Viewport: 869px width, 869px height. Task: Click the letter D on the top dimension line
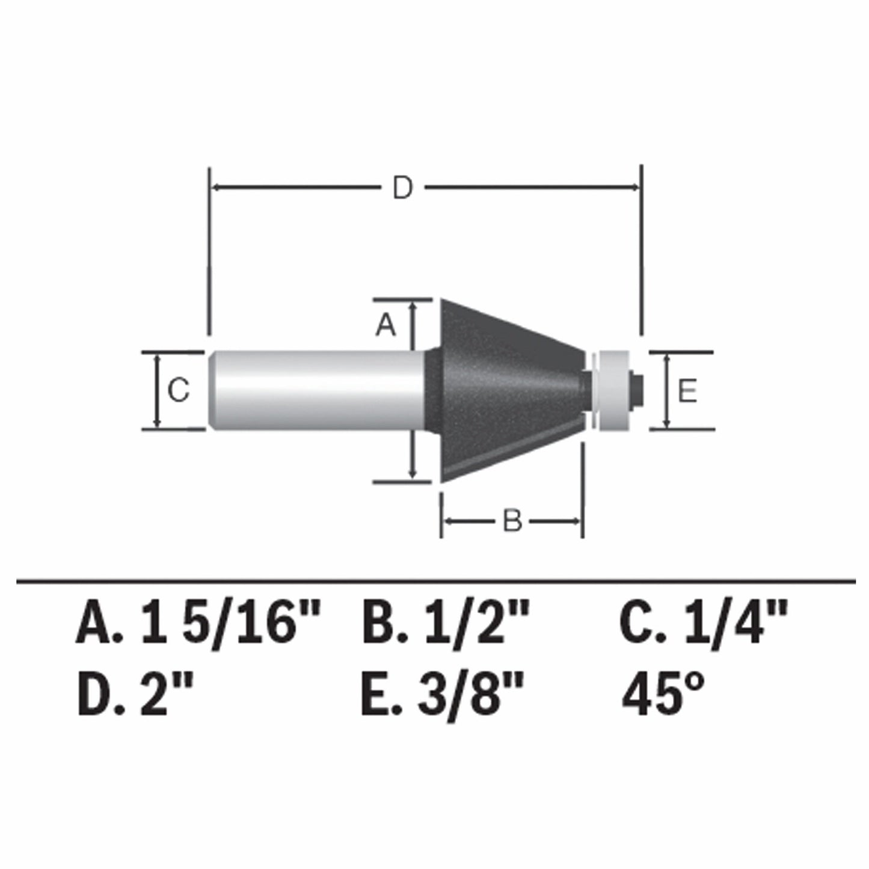coord(403,188)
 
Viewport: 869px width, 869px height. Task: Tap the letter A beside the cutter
coord(385,325)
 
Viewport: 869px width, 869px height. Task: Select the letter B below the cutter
coord(512,521)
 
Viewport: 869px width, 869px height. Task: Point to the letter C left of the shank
coord(179,390)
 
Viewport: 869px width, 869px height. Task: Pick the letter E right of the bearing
coord(687,392)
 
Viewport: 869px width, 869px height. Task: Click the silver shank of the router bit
coord(319,390)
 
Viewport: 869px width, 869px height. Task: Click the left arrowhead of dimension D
coord(216,188)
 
